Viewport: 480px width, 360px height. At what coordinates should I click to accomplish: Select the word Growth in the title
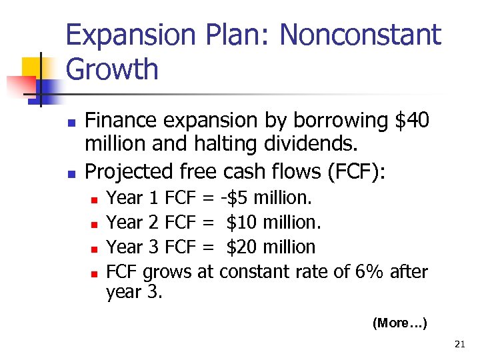pyautogui.click(x=112, y=70)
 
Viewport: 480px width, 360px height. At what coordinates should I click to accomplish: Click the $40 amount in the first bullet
pyautogui.click(x=413, y=121)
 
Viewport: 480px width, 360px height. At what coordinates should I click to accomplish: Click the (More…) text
pyautogui.click(x=399, y=323)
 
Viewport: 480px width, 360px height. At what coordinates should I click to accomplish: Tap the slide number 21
pyautogui.click(x=459, y=345)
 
